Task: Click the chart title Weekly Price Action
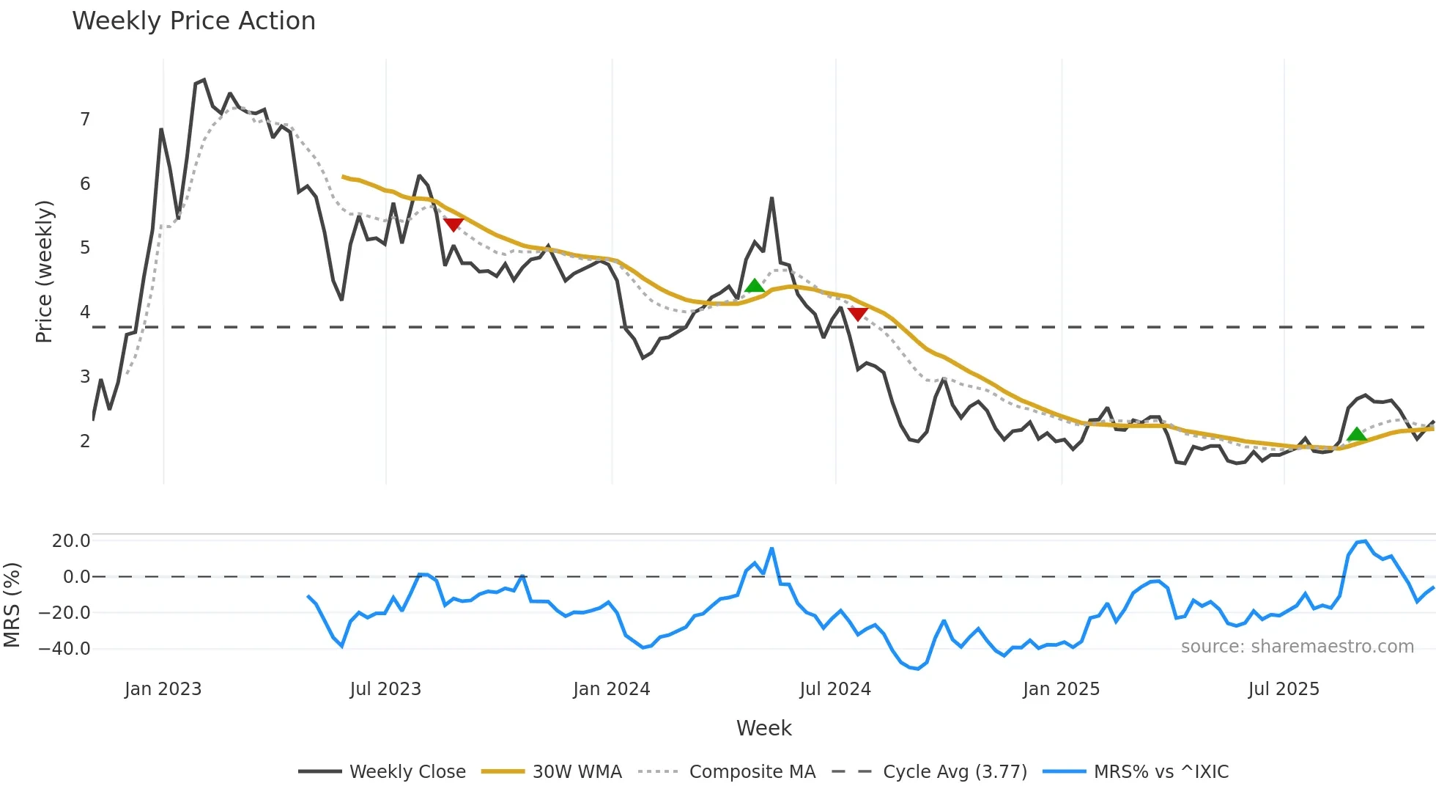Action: (x=193, y=21)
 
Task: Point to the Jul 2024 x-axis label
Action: (x=835, y=689)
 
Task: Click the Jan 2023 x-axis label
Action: (x=163, y=689)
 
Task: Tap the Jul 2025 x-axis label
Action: (x=1284, y=689)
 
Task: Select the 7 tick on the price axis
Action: (x=85, y=119)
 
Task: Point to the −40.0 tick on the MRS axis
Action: (x=64, y=648)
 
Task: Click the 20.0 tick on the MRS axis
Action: (x=71, y=541)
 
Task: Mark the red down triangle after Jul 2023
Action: (x=454, y=224)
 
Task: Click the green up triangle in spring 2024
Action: (x=755, y=285)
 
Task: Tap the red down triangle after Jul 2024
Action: (x=858, y=314)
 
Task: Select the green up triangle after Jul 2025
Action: (x=1357, y=434)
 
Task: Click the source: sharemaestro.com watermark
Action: (x=1297, y=647)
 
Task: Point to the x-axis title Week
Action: (x=763, y=728)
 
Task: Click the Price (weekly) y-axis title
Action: (x=44, y=271)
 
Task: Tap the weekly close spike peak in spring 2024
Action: (x=771, y=198)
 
